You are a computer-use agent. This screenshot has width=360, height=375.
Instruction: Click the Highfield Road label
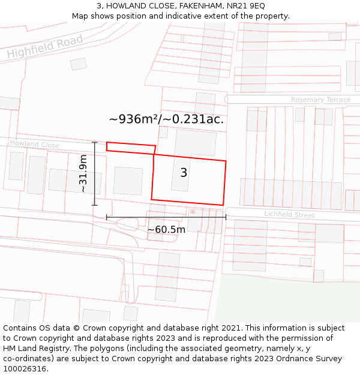point(45,46)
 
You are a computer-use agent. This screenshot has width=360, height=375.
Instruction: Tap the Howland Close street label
point(34,145)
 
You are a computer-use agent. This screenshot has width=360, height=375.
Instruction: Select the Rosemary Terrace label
point(320,100)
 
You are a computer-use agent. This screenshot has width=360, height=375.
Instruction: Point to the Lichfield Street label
point(289,214)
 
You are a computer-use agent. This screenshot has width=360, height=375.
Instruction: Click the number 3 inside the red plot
point(184,173)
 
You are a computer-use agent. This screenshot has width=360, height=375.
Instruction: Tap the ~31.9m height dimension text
point(83,173)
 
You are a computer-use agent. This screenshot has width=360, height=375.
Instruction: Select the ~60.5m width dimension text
point(166,229)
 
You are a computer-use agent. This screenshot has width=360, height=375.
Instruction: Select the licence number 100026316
point(26,369)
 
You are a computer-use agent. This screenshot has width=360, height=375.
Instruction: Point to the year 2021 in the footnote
point(230,328)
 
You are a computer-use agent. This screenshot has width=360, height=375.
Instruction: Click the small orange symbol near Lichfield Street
point(193,211)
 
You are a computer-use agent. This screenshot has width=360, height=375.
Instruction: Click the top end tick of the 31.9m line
point(94,143)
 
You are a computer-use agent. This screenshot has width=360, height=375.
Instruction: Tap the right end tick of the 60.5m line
point(226,217)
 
